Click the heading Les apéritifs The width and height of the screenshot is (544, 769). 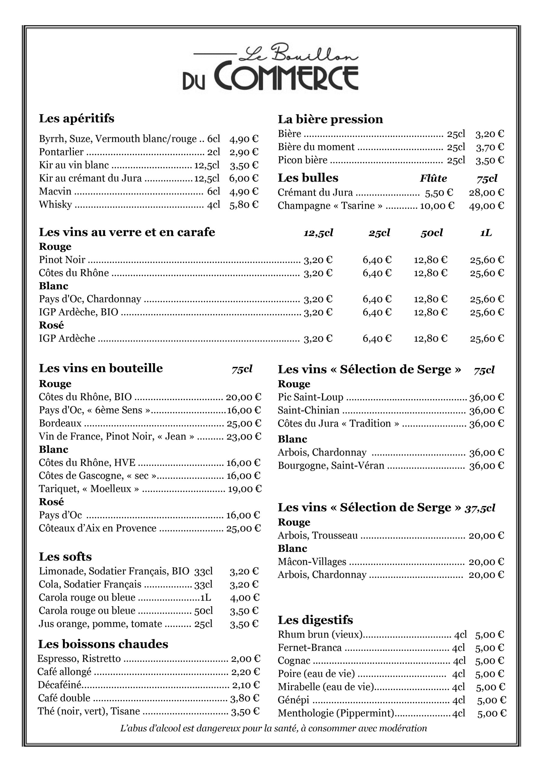76,118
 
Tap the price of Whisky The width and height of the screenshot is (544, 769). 243,205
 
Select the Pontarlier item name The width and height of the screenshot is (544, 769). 61,152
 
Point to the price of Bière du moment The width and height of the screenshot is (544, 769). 490,147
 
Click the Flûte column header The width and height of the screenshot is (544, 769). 433,178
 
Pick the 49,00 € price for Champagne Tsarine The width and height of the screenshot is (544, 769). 486,206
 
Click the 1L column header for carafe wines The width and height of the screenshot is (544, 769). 486,233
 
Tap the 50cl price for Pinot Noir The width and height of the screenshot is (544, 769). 431,260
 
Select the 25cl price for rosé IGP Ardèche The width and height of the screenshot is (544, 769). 377,339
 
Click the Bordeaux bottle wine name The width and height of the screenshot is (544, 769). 60,423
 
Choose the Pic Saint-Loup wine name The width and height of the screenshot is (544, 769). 310,397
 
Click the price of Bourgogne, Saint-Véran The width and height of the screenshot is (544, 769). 486,466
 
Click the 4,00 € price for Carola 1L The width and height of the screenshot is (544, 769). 244,598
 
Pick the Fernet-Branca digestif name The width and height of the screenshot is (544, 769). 310,648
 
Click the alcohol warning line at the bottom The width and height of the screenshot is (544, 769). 273,728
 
